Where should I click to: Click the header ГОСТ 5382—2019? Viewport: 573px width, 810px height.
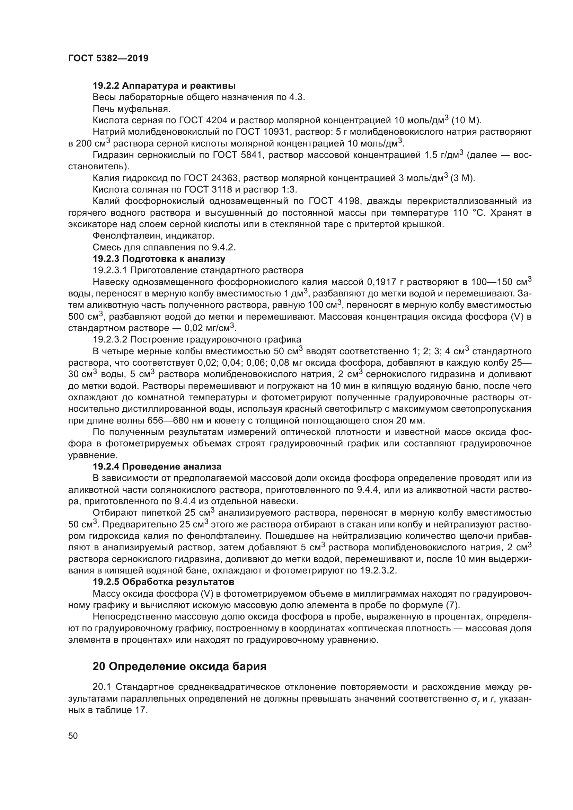(108, 59)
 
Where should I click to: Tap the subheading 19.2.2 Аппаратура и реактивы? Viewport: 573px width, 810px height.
(164, 86)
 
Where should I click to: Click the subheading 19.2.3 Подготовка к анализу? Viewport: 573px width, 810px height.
(159, 259)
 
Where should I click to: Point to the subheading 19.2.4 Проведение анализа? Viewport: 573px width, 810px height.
(157, 466)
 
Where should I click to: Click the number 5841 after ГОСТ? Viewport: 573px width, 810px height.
(251, 155)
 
